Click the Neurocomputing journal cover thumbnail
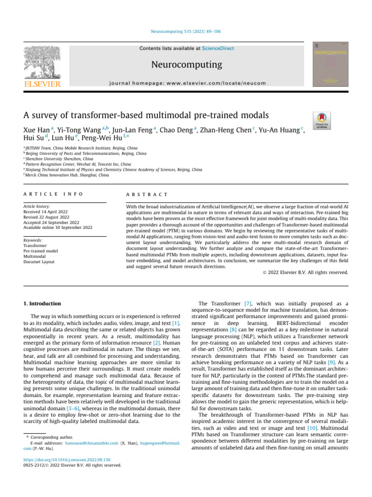pos(330,64)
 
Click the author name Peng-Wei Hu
pos(103,139)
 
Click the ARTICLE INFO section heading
pos(53,194)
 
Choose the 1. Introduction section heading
pos(42,303)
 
